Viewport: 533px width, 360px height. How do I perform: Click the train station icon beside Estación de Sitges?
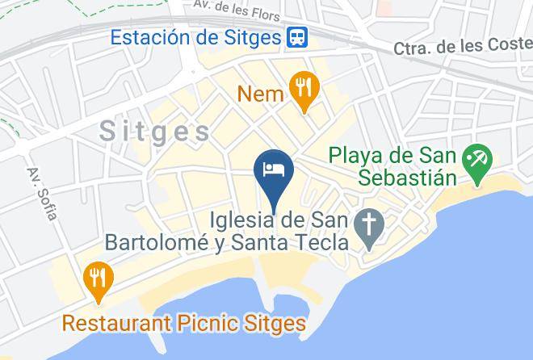click(x=297, y=37)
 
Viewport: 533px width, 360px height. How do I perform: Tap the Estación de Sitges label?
click(x=195, y=37)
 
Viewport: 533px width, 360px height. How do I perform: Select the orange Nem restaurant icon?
click(x=304, y=91)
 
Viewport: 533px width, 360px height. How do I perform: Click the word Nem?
click(x=261, y=94)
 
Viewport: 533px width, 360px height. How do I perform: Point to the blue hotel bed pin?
click(x=274, y=170)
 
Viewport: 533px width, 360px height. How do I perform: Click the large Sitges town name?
click(x=155, y=132)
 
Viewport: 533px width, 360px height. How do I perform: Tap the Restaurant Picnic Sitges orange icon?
click(x=98, y=279)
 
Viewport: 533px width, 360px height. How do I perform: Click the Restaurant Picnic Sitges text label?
click(x=184, y=324)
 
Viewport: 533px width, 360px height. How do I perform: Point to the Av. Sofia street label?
click(x=42, y=194)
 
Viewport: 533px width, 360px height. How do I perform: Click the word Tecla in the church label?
click(x=322, y=242)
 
